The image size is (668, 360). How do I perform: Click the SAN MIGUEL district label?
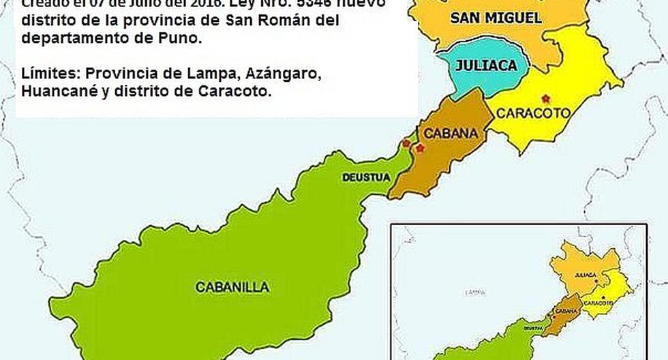coord(496,18)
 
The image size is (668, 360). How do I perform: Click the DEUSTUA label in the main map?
coord(366,178)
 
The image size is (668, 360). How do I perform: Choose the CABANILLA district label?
coord(232,287)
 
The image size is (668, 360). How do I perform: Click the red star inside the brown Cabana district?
coord(420,148)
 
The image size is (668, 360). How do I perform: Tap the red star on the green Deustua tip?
coord(406,142)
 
